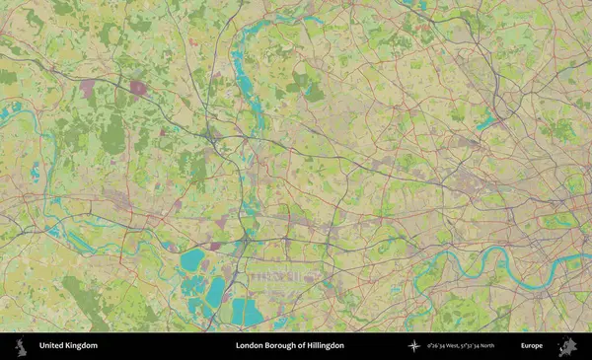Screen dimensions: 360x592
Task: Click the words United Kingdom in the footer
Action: tap(68, 346)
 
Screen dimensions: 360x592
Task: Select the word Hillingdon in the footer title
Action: tap(323, 346)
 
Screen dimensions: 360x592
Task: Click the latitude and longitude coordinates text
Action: tap(461, 346)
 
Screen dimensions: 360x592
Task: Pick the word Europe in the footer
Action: tap(532, 346)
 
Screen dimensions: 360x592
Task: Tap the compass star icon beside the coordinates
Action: tap(413, 346)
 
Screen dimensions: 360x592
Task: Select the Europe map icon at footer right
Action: tap(566, 346)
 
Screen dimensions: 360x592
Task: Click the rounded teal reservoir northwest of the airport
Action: tap(192, 260)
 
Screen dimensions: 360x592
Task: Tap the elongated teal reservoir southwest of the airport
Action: tap(214, 292)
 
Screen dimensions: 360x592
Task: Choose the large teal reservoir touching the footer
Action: tap(247, 314)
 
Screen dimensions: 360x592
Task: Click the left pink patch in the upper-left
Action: tap(89, 89)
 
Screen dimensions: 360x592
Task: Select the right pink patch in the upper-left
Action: tap(137, 88)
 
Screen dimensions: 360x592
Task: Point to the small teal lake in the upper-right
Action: tap(484, 123)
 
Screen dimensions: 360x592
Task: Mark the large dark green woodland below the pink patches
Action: tap(113, 135)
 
